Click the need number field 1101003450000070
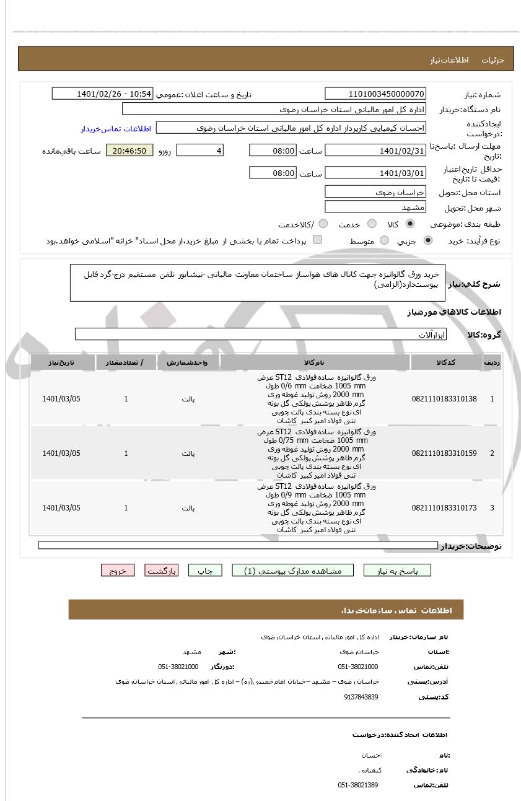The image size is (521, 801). point(375,94)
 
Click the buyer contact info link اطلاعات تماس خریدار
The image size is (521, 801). point(116,129)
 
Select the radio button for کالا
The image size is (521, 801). point(410,224)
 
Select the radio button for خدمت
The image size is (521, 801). point(372,224)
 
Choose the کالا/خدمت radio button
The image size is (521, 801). point(323,224)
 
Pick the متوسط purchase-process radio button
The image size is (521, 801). point(384,240)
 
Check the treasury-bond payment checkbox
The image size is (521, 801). point(317,240)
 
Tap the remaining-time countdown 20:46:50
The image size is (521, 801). point(129,151)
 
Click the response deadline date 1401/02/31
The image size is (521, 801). point(375,151)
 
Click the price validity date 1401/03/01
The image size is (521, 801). point(375,173)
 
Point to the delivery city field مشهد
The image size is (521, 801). point(375,207)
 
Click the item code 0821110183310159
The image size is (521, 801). point(444,453)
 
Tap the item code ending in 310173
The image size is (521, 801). point(444,508)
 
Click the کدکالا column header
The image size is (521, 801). point(445,362)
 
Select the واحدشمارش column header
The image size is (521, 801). point(188,362)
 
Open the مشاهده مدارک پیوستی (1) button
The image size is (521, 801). point(293,571)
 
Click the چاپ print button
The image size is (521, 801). point(205,571)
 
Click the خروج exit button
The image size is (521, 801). point(118,571)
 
